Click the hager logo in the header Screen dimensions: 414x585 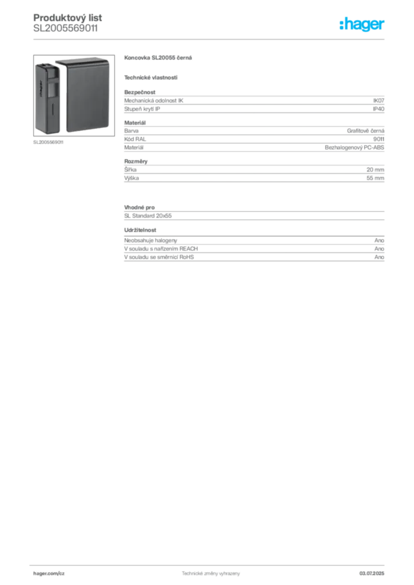pyautogui.click(x=362, y=24)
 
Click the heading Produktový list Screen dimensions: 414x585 pyautogui.click(x=67, y=18)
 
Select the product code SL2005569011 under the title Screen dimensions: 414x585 pyautogui.click(x=66, y=29)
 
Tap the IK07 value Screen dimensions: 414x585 pyautogui.click(x=379, y=101)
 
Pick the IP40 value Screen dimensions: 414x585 pyautogui.click(x=379, y=109)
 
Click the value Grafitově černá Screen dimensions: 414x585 pyautogui.click(x=365, y=131)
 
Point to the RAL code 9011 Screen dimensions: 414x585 pyautogui.click(x=379, y=139)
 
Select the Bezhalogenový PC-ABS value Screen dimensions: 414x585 pyautogui.click(x=355, y=147)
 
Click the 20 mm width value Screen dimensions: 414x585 pyautogui.click(x=375, y=170)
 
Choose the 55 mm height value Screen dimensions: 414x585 pyautogui.click(x=375, y=178)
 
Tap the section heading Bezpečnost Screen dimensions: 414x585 pyautogui.click(x=140, y=92)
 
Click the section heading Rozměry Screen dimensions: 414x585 pyautogui.click(x=136, y=162)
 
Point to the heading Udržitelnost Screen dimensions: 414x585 pyautogui.click(x=140, y=230)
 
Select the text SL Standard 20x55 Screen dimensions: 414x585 pyautogui.click(x=148, y=215)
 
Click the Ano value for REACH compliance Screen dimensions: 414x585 pyautogui.click(x=379, y=249)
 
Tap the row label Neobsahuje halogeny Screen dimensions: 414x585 pyautogui.click(x=150, y=241)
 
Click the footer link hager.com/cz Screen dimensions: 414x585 pyautogui.click(x=49, y=574)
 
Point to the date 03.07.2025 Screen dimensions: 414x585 pyautogui.click(x=372, y=574)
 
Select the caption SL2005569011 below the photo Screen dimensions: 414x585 pyautogui.click(x=48, y=142)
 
